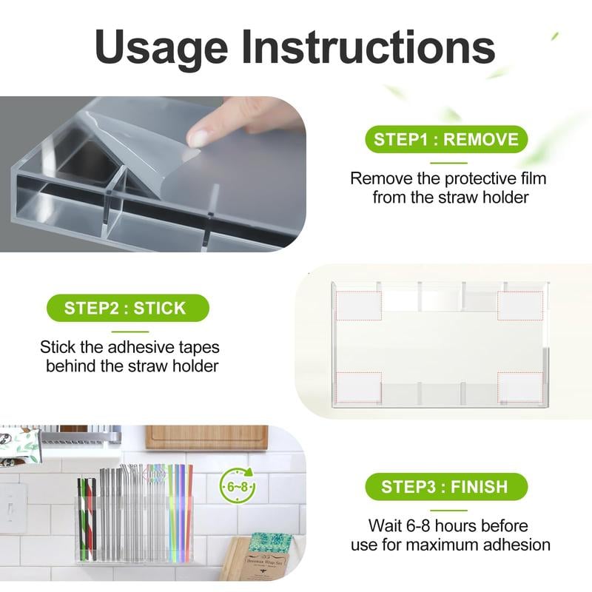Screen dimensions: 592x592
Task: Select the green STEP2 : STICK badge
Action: tap(127, 308)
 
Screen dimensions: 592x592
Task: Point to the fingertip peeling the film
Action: tap(198, 135)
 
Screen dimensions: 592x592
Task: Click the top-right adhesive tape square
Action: tap(519, 305)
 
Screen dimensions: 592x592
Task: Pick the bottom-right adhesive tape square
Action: tap(519, 386)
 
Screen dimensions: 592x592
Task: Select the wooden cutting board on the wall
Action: tap(206, 437)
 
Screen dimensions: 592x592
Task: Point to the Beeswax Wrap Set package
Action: tap(267, 556)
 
